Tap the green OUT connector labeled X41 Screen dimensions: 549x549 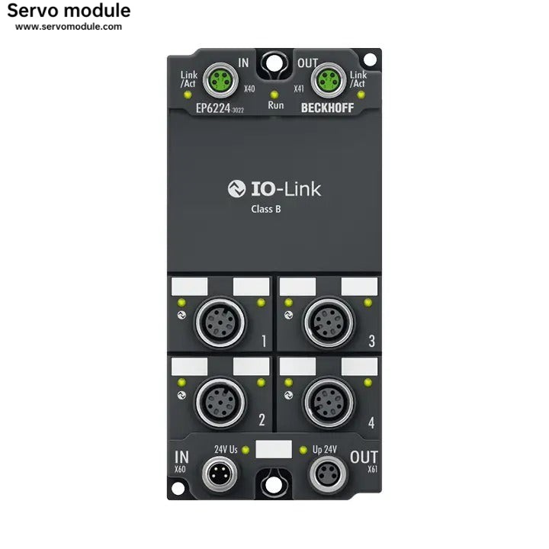pyautogui.click(x=329, y=78)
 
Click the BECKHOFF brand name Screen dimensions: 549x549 pyautogui.click(x=327, y=108)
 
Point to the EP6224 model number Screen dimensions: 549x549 pyautogui.click(x=214, y=108)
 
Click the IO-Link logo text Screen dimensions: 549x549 pyautogui.click(x=274, y=189)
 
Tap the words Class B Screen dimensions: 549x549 pyautogui.click(x=266, y=209)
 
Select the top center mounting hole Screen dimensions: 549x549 pyautogui.click(x=274, y=61)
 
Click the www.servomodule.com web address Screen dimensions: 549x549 pyautogui.click(x=69, y=27)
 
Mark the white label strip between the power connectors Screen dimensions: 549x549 pyautogui.click(x=274, y=448)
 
